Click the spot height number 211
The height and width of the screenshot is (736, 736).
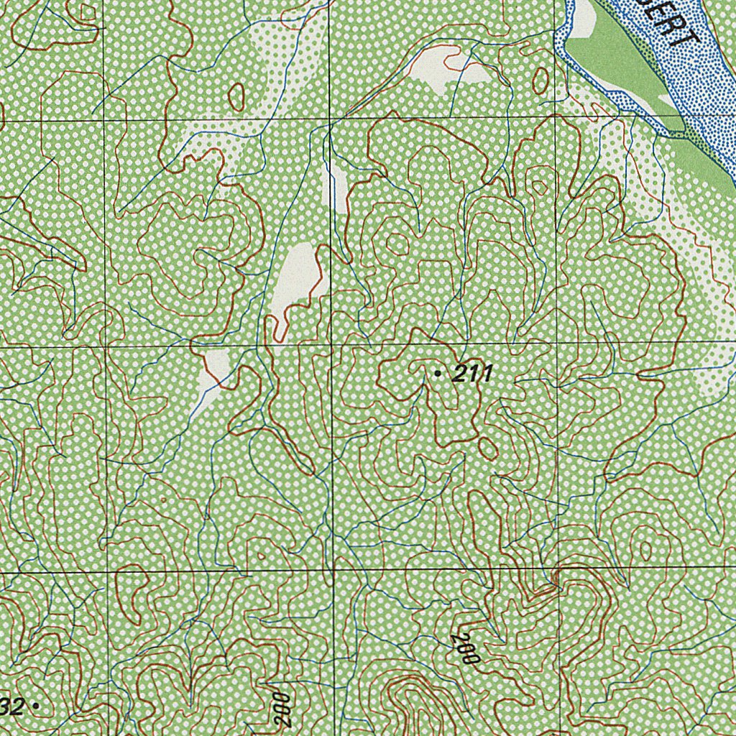tap(471, 373)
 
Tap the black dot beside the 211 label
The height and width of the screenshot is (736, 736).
tap(438, 373)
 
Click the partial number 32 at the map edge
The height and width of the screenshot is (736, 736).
tap(12, 707)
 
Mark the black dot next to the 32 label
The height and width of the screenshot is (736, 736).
tap(36, 707)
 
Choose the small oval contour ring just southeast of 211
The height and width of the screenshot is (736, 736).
tap(487, 448)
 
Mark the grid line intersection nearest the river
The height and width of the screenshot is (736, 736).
tap(557, 115)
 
